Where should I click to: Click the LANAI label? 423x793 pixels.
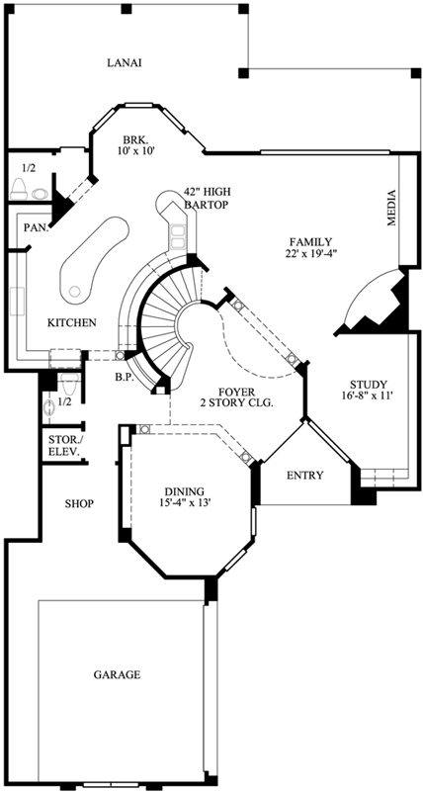point(126,63)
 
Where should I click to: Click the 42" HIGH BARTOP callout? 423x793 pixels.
point(206,198)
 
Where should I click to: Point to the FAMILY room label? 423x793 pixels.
point(309,241)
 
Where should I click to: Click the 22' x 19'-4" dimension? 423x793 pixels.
point(309,254)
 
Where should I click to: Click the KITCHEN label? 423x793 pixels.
point(71,322)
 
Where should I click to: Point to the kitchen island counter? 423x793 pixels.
point(94,259)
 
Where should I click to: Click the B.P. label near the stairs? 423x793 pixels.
point(125,377)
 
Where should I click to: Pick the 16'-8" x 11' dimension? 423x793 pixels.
point(367,397)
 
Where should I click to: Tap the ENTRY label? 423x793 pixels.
point(304,476)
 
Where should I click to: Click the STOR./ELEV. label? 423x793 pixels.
point(63,446)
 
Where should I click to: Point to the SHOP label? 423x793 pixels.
point(78,503)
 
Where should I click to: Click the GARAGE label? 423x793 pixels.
point(117,675)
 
